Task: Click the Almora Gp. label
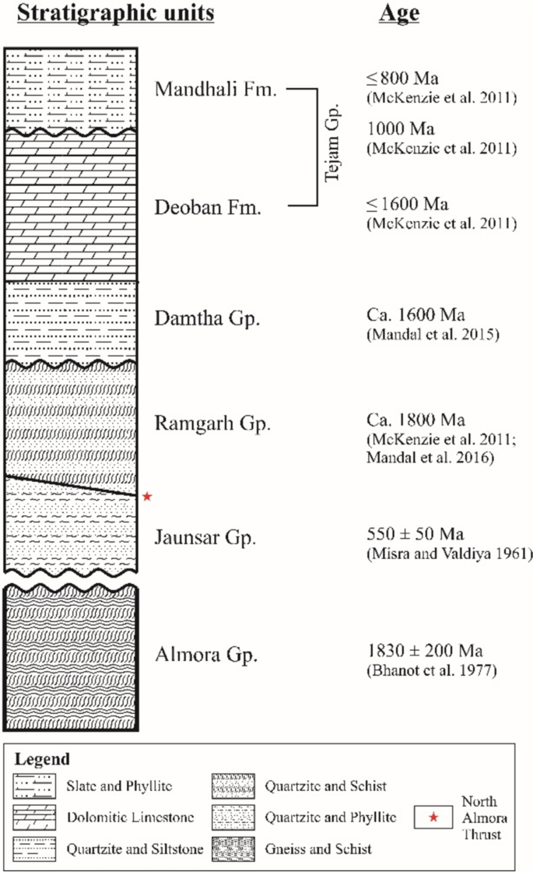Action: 205,653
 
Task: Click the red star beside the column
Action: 147,496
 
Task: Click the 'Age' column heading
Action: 399,15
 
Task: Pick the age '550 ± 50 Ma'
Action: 415,535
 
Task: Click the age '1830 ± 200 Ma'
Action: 420,651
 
